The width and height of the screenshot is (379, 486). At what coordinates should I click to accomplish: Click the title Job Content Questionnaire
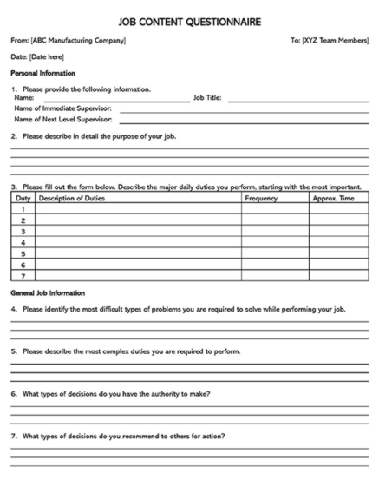(x=189, y=21)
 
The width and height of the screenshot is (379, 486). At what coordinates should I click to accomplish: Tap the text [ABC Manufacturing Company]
(x=78, y=41)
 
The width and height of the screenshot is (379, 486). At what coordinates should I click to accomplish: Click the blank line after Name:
(x=113, y=99)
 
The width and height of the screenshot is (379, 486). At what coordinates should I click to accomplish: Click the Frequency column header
(x=261, y=199)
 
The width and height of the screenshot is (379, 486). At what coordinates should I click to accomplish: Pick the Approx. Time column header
(x=333, y=199)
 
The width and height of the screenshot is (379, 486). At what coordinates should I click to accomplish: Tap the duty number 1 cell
(x=23, y=210)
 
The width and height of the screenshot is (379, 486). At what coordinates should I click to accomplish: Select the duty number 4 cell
(x=23, y=243)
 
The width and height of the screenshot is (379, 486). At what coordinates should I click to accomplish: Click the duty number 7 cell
(x=23, y=276)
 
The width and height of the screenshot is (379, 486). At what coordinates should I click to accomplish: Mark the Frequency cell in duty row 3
(x=275, y=232)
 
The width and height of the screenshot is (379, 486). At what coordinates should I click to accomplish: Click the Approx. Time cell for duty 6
(x=338, y=265)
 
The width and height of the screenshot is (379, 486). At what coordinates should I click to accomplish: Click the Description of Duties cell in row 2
(x=138, y=221)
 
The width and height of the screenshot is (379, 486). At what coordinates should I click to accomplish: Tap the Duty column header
(x=23, y=199)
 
